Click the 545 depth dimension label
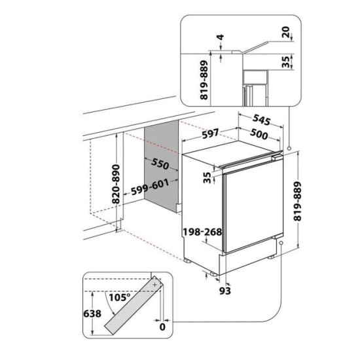click(x=262, y=120)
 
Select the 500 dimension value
click(x=259, y=134)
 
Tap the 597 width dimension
click(x=210, y=134)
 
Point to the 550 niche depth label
click(x=160, y=164)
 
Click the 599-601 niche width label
click(x=150, y=187)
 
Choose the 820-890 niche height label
click(x=116, y=184)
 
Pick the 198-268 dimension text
click(x=202, y=232)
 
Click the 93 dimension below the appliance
click(x=225, y=291)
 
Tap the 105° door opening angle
click(x=120, y=298)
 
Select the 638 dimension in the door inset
click(x=92, y=314)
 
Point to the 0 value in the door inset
click(x=162, y=327)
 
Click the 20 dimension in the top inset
click(x=286, y=32)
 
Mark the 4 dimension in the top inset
click(x=221, y=37)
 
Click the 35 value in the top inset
click(x=286, y=62)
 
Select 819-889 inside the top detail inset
click(x=204, y=80)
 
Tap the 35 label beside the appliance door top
click(x=207, y=177)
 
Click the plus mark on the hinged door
click(x=155, y=285)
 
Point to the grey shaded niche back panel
click(x=162, y=167)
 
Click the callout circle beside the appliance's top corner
click(x=289, y=149)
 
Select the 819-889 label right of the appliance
click(x=298, y=201)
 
